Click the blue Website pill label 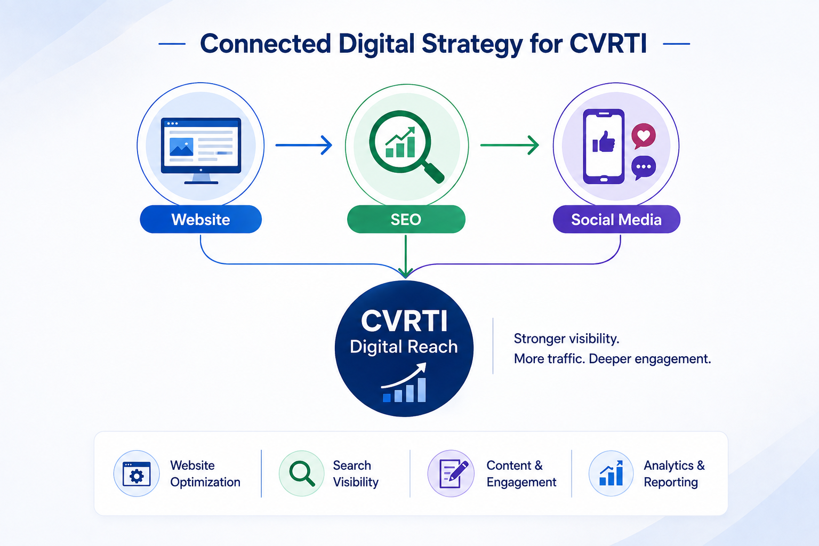200,219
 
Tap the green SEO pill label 406,219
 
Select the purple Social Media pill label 616,219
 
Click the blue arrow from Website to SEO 304,145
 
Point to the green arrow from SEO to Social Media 509,145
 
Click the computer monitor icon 200,150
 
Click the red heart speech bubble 644,136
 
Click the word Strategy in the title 472,44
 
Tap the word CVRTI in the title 608,44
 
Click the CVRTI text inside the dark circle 404,321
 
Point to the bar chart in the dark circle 404,382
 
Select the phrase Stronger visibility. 566,339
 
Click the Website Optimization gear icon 136,474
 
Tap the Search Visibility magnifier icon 302,473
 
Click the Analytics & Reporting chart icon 611,473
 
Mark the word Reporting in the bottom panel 671,483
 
